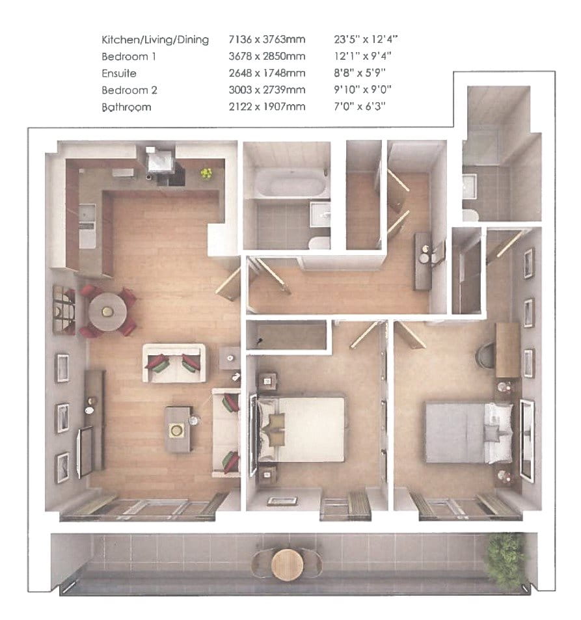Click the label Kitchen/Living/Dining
click(x=155, y=40)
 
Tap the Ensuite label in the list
click(x=120, y=74)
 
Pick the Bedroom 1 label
click(x=129, y=57)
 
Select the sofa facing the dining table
click(x=174, y=362)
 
